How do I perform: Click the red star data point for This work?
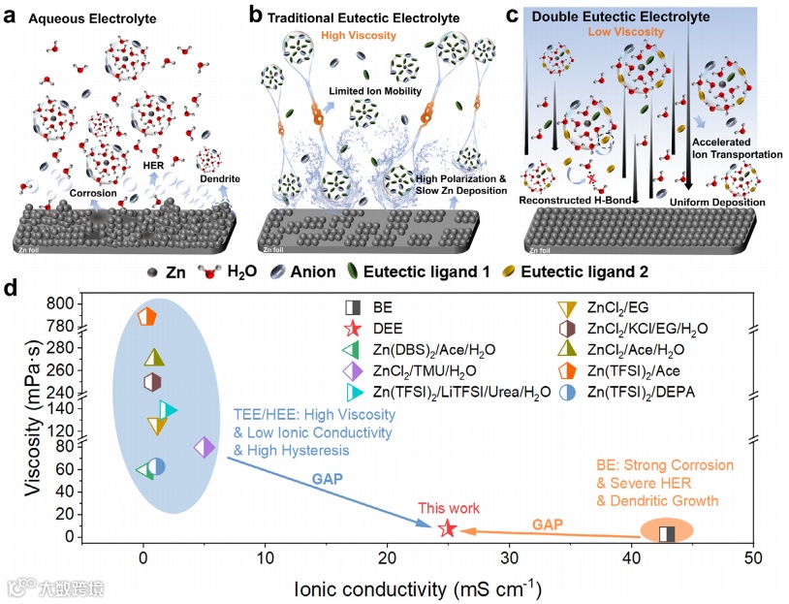tap(447, 528)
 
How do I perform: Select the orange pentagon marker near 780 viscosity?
tap(147, 317)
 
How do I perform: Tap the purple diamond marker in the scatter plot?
tap(204, 447)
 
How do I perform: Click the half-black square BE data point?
tap(667, 533)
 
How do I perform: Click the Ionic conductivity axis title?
tap(419, 588)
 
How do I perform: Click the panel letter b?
tap(256, 15)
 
